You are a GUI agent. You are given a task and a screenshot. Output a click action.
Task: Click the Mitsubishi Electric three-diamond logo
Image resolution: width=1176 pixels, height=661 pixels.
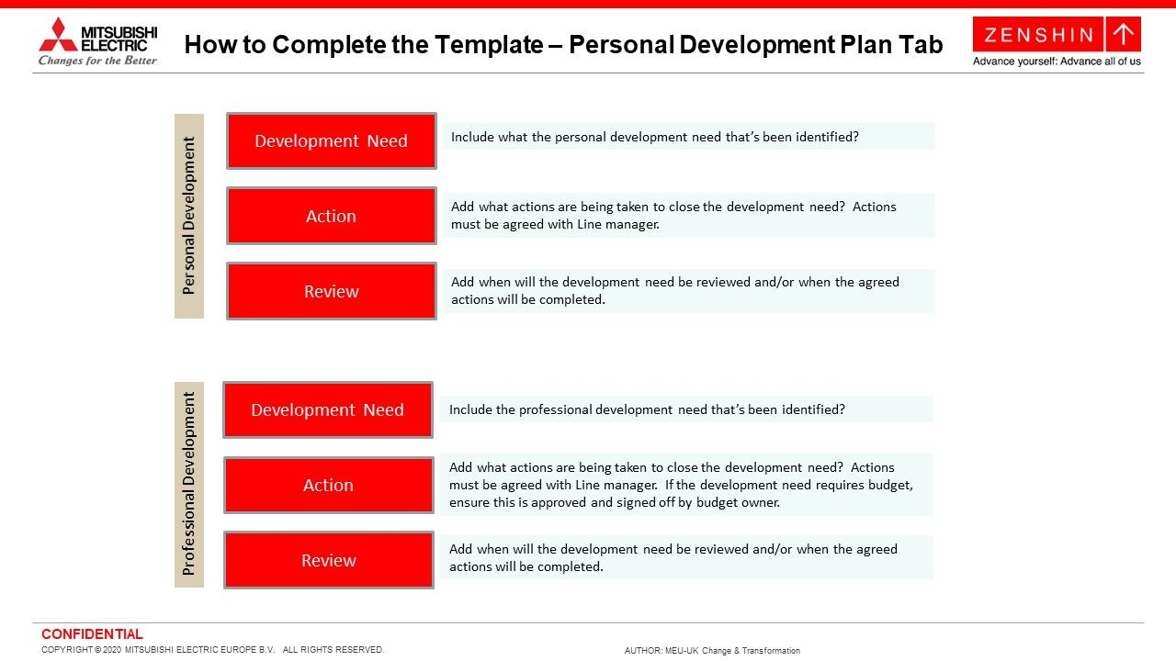tap(58, 34)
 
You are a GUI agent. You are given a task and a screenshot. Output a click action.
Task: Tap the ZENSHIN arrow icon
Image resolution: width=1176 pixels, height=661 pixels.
tap(1123, 35)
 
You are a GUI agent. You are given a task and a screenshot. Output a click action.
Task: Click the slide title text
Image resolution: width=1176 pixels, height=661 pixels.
tap(563, 45)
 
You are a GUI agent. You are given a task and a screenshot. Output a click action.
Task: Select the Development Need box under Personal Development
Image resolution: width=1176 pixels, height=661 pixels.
tap(331, 141)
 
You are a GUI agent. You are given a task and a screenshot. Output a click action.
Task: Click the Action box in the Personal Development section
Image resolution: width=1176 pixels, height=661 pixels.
tap(331, 216)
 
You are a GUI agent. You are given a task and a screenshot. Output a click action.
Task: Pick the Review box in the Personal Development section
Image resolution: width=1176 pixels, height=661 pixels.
tap(331, 291)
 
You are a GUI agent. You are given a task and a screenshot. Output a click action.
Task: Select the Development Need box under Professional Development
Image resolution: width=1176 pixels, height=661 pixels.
tap(327, 410)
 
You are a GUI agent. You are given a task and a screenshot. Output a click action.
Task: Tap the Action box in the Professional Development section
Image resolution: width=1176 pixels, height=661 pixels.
tap(328, 485)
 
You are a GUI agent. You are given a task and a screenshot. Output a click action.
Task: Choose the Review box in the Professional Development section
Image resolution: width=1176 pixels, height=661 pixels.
tap(328, 560)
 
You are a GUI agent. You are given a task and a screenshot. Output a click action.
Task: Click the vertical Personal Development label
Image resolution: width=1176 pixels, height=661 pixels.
tap(189, 216)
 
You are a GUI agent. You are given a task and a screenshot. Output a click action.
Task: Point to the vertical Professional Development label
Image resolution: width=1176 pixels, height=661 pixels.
tap(189, 484)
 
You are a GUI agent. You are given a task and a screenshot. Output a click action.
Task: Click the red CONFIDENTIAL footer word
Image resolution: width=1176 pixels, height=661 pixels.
tap(92, 634)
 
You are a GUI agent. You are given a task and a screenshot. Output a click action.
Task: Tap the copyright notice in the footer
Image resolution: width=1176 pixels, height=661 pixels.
tap(212, 650)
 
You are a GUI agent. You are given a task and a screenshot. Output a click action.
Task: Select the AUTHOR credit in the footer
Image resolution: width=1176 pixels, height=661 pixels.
tap(712, 651)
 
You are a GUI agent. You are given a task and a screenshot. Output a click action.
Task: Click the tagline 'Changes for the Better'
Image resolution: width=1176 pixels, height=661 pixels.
tap(97, 61)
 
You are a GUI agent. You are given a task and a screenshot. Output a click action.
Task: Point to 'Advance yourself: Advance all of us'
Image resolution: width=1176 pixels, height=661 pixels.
tap(1057, 62)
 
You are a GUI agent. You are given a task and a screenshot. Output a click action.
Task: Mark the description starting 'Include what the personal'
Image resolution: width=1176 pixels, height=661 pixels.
tap(655, 137)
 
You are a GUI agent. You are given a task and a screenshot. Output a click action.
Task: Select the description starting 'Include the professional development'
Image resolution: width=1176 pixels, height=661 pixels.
tap(647, 409)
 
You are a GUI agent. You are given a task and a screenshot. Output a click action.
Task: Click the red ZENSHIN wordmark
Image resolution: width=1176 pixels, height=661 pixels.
tap(1038, 35)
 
